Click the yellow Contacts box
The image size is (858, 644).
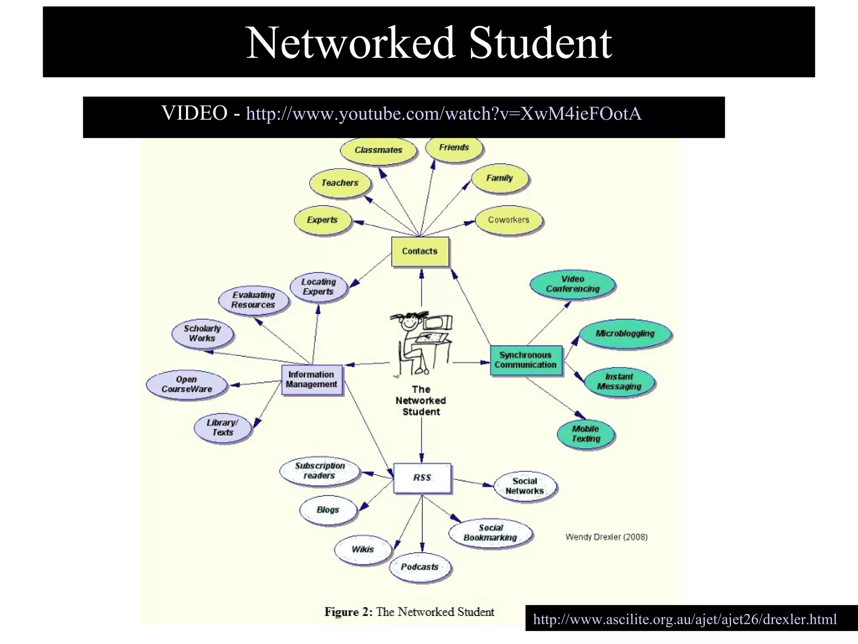420,251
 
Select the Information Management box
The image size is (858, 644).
312,380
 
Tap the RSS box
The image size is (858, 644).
422,478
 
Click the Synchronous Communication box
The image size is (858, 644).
526,360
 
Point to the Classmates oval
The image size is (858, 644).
378,150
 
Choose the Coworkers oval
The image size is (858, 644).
509,220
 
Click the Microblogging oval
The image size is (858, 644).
625,334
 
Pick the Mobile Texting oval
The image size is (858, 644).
586,434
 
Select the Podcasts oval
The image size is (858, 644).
420,567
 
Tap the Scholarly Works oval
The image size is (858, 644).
202,334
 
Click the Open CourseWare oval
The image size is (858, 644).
187,384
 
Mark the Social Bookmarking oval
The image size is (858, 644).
491,533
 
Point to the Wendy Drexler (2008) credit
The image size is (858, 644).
606,537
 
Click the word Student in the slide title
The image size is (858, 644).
540,43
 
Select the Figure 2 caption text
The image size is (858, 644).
409,612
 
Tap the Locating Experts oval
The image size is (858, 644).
318,287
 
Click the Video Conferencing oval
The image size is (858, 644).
573,284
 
